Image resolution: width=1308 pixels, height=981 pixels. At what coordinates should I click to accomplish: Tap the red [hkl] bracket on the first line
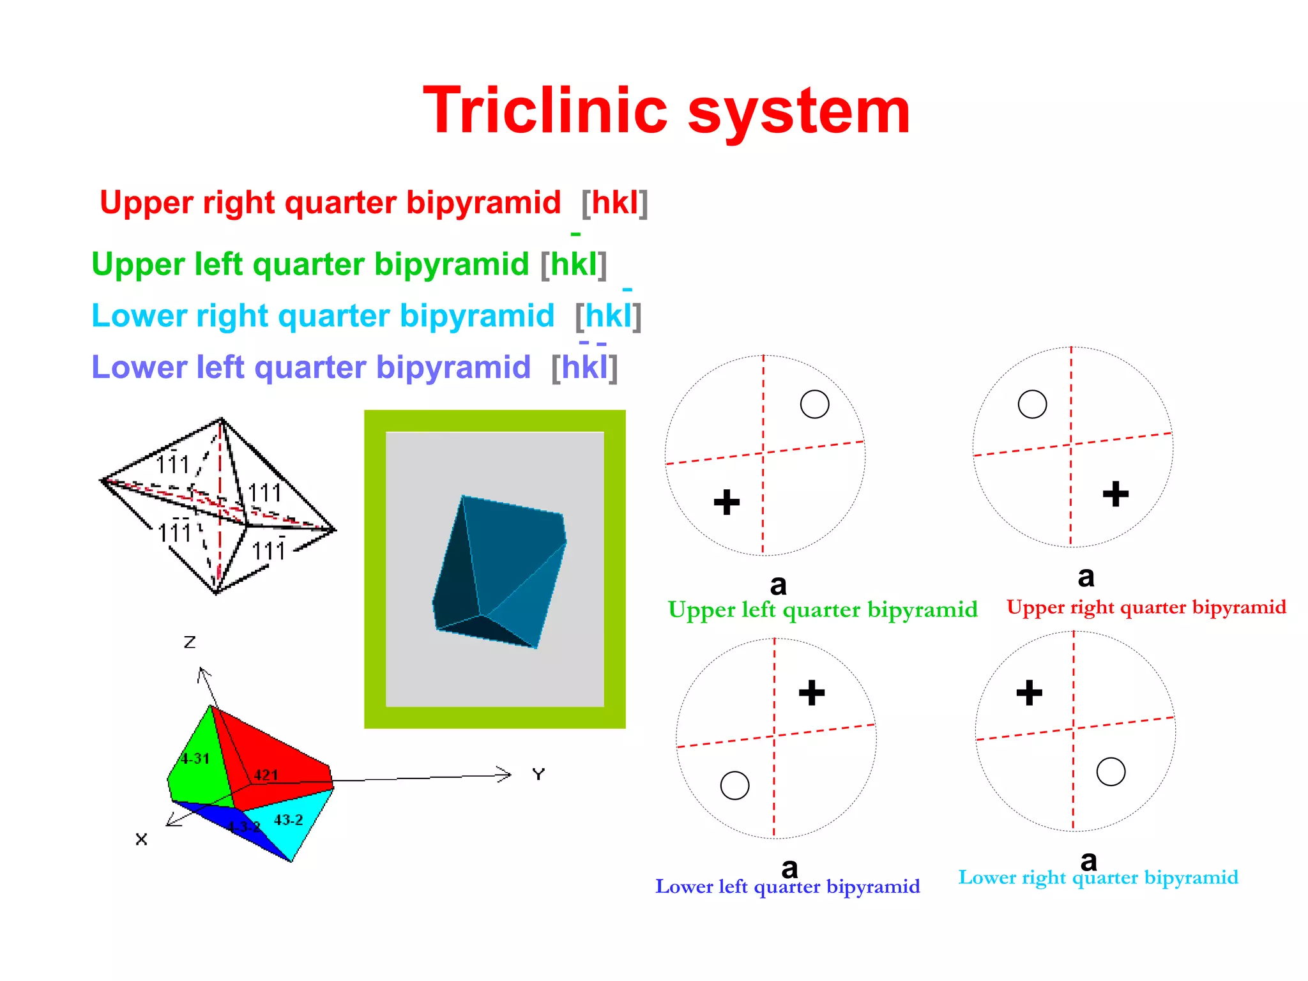(x=614, y=203)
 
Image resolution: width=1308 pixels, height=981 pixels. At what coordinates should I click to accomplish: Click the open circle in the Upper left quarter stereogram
(x=814, y=404)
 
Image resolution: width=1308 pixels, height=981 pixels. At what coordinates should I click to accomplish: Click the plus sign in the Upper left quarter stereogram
(x=727, y=502)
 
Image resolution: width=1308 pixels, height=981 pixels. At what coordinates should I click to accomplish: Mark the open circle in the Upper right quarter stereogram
(x=1032, y=404)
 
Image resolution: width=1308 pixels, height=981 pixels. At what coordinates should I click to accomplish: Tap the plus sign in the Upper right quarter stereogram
(x=1116, y=494)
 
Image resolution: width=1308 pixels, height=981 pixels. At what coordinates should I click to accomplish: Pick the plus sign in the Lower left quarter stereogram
(x=812, y=693)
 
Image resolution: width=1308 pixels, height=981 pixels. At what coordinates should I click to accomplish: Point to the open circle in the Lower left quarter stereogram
(x=734, y=786)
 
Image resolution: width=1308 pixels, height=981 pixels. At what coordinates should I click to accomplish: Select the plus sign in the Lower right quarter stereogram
(x=1030, y=693)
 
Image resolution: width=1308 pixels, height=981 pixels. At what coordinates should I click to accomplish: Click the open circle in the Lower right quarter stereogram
(x=1111, y=772)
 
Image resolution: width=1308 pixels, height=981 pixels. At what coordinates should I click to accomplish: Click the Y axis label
(x=538, y=775)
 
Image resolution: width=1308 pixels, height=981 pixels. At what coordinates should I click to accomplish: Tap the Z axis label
(x=190, y=642)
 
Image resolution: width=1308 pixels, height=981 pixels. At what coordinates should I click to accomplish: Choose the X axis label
(x=142, y=839)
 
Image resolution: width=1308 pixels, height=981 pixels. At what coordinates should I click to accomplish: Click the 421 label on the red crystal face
(x=266, y=775)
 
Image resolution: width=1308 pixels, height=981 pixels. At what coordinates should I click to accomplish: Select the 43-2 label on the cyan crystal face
(x=288, y=820)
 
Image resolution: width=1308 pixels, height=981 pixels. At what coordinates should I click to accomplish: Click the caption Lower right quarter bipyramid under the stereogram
(x=1098, y=878)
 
